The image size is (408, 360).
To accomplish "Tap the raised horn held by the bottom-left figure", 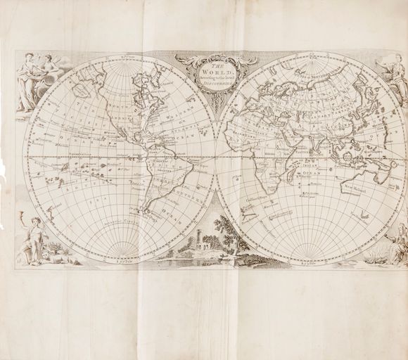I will tap(28, 224).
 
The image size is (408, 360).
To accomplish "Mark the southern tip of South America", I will tap(144, 210).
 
